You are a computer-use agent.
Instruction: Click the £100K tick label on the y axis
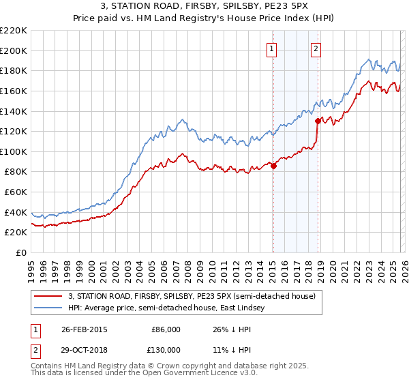(x=14, y=151)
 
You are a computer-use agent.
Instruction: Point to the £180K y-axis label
(x=14, y=70)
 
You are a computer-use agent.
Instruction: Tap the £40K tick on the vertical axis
(x=16, y=212)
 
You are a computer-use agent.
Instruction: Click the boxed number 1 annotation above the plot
(x=272, y=48)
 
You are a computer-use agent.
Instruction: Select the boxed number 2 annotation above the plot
(x=316, y=48)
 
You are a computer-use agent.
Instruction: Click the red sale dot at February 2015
(x=273, y=165)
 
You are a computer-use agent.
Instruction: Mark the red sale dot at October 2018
(x=318, y=121)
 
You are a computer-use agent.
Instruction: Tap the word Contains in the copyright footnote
(x=47, y=367)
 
